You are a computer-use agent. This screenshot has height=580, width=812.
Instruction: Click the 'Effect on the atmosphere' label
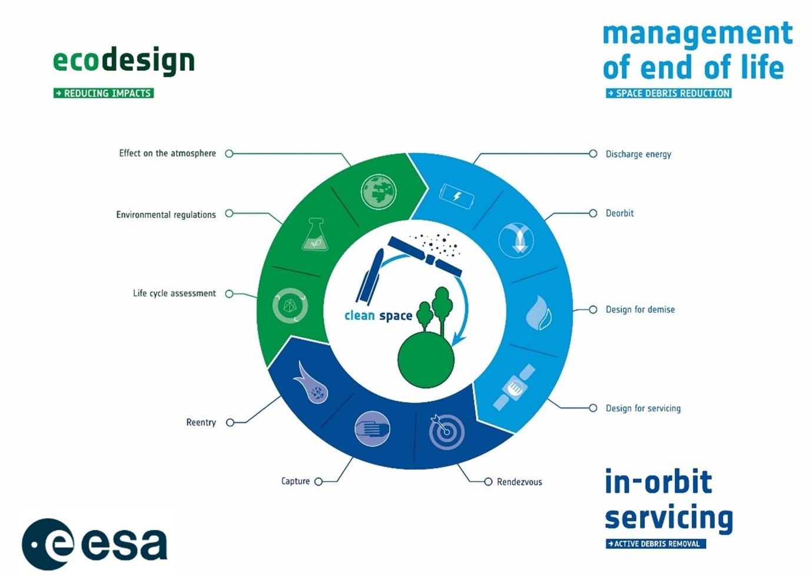click(x=167, y=153)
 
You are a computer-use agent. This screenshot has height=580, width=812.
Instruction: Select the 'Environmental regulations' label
click(x=165, y=215)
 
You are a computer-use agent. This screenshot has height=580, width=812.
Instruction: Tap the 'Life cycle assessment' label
click(x=174, y=294)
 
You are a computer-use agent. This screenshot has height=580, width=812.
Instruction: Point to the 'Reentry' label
click(x=201, y=423)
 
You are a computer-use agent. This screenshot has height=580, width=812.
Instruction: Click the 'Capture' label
click(x=295, y=482)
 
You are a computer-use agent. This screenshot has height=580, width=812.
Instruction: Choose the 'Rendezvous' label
click(x=519, y=482)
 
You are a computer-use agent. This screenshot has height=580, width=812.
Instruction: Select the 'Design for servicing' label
click(x=643, y=408)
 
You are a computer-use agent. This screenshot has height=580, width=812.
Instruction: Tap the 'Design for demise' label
click(x=640, y=309)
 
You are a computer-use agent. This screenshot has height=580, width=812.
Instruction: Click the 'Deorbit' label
click(x=619, y=213)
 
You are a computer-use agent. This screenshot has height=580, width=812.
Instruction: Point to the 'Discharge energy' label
click(x=638, y=154)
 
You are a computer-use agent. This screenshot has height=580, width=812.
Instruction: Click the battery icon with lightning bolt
click(x=456, y=196)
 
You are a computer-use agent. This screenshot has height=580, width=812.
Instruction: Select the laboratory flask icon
click(x=314, y=235)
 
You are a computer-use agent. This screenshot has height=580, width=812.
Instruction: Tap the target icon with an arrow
click(x=446, y=431)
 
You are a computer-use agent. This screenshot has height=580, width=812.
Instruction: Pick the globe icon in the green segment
click(x=378, y=192)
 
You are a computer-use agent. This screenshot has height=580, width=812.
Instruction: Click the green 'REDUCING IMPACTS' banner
click(x=104, y=93)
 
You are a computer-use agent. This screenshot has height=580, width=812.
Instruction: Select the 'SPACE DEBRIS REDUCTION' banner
click(x=668, y=93)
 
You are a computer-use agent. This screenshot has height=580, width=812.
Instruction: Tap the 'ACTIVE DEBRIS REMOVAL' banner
click(x=655, y=544)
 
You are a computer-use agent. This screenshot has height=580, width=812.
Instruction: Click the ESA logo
click(x=94, y=544)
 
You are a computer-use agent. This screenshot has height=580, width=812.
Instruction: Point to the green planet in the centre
click(x=426, y=359)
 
